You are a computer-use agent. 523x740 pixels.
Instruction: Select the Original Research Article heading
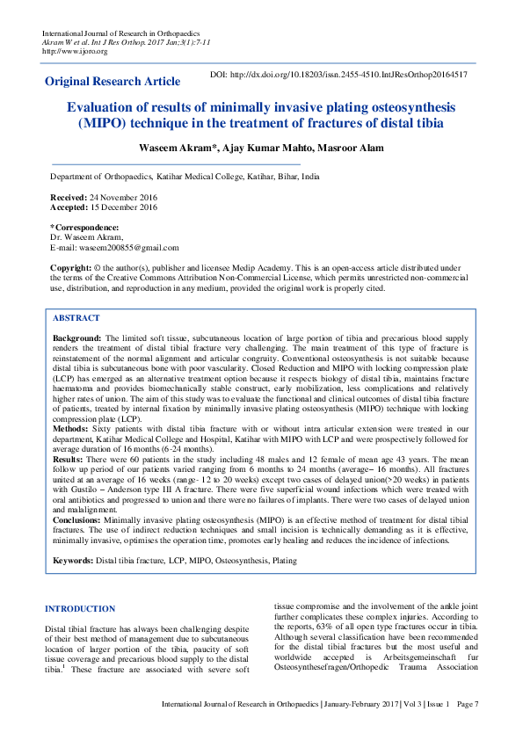point(113,82)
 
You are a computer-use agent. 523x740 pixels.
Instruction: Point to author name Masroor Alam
point(353,148)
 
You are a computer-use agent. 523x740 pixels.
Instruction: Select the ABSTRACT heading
point(76,318)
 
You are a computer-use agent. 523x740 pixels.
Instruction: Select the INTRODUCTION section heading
point(80,609)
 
